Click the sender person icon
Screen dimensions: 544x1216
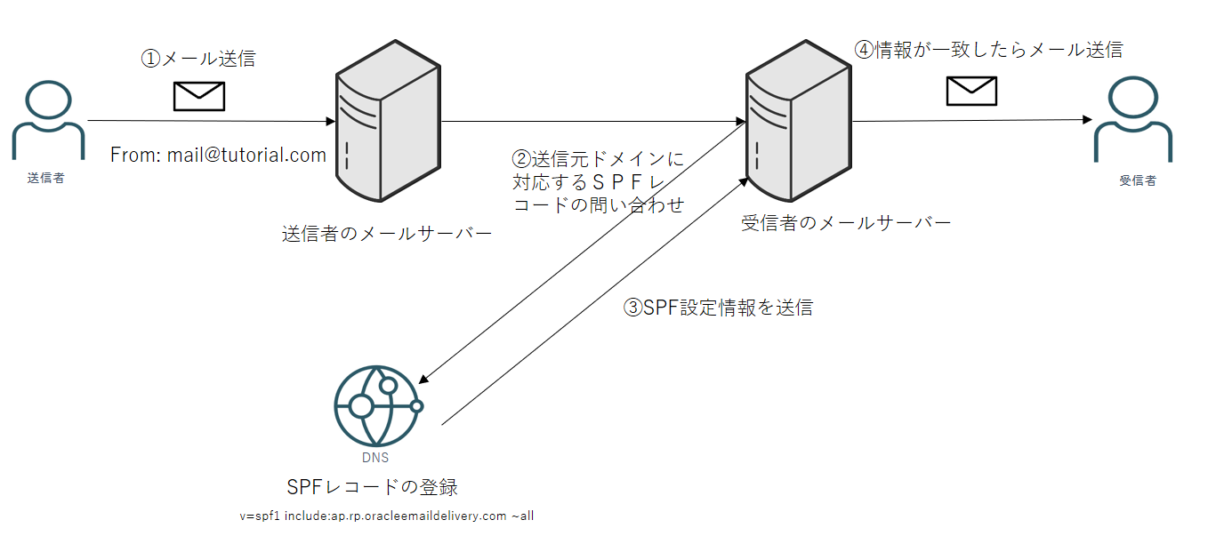48,121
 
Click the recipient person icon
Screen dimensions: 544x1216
1132,121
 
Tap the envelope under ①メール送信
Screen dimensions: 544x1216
198,96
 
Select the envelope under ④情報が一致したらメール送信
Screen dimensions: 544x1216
971,91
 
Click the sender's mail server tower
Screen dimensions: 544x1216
388,120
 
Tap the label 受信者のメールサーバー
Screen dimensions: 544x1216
846,222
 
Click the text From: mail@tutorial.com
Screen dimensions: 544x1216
218,156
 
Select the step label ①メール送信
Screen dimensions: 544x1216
198,59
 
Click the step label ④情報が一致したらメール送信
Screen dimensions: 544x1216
988,50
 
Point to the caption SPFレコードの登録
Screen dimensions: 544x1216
373,487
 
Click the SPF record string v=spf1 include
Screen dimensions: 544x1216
386,516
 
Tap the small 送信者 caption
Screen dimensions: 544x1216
46,178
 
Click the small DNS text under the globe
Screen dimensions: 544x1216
374,459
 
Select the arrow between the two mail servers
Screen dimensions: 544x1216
592,121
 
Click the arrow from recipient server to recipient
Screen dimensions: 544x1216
970,120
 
